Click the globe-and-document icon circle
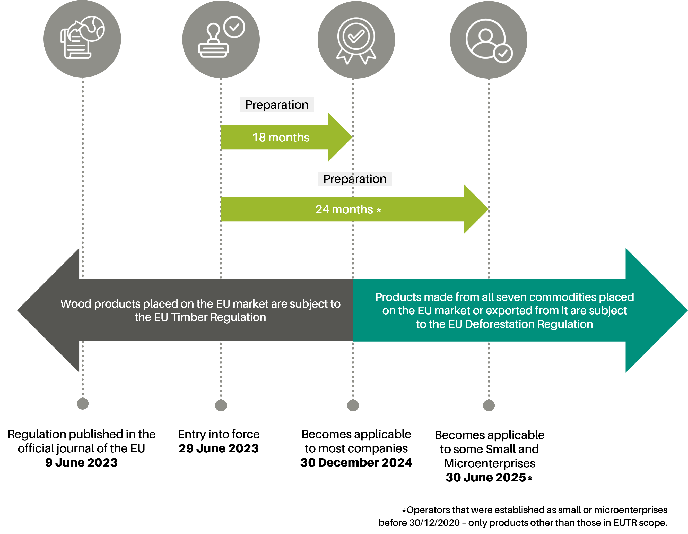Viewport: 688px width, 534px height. click(x=82, y=39)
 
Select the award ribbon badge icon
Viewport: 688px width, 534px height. click(x=356, y=39)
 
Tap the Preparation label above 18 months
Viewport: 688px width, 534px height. click(x=277, y=105)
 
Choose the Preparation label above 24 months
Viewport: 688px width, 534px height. click(x=355, y=179)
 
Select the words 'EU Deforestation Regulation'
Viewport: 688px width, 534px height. click(x=520, y=324)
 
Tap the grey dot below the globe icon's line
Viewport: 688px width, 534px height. click(x=83, y=403)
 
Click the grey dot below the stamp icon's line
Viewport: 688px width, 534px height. click(x=221, y=405)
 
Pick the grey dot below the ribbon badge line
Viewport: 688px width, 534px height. click(x=353, y=405)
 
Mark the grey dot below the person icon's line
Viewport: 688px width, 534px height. click(x=489, y=405)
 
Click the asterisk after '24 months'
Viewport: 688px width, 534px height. click(x=379, y=210)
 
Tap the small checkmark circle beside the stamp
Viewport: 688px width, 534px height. click(x=234, y=27)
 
